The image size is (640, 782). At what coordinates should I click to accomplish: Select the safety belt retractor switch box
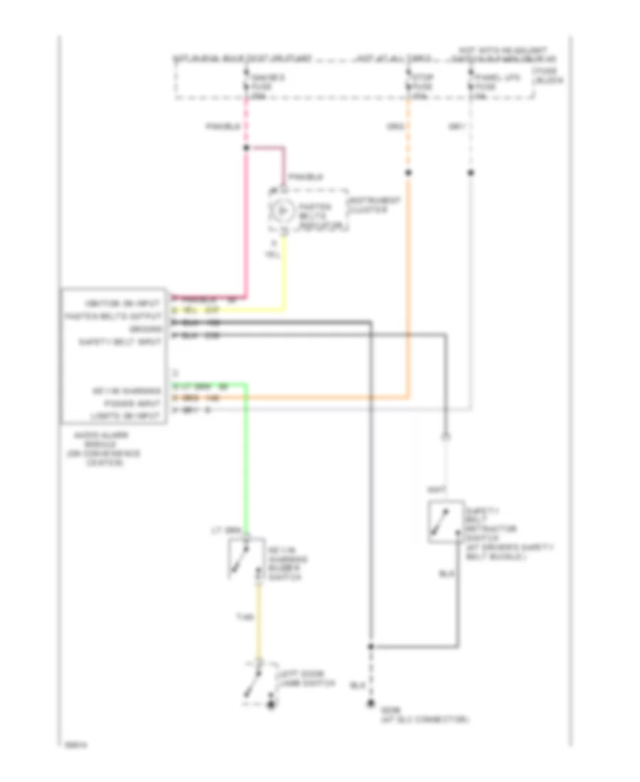[446, 521]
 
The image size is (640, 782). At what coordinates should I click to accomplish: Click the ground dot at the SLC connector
[370, 706]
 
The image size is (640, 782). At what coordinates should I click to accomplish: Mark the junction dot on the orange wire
[408, 173]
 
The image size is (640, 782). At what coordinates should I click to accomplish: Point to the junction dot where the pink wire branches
[246, 148]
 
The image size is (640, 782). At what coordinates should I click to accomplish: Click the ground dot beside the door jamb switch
[270, 706]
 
